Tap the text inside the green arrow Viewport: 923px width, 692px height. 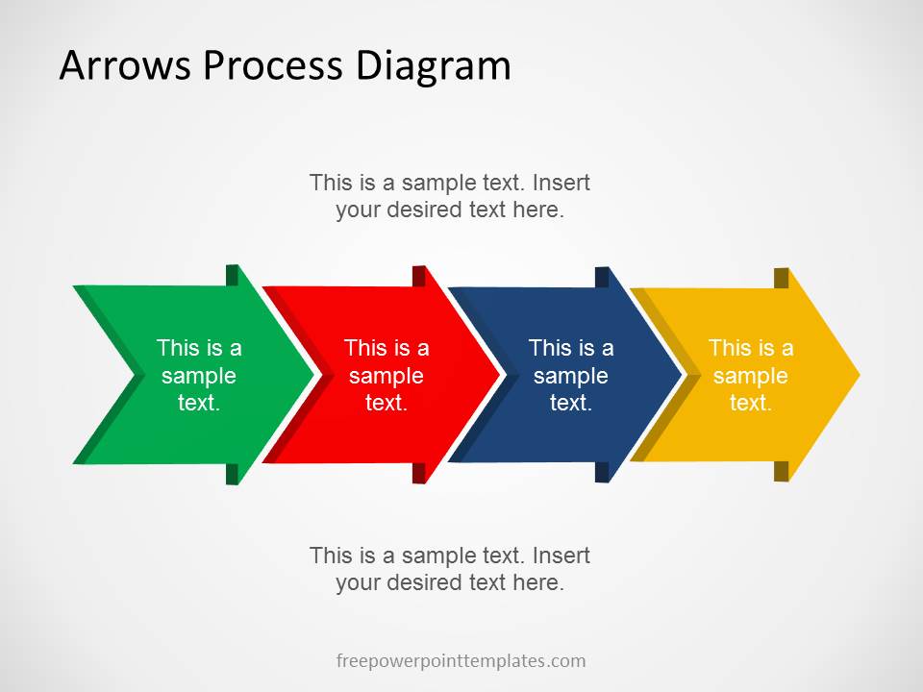199,376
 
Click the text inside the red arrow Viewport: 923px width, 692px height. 387,376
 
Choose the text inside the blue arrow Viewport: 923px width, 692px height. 571,376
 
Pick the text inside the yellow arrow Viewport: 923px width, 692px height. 751,376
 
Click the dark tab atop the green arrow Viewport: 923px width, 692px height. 232,275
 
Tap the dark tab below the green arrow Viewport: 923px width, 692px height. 232,474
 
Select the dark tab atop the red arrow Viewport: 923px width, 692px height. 419,276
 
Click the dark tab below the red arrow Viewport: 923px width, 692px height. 419,473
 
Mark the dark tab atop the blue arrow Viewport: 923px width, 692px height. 602,277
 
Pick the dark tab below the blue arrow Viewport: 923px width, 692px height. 602,472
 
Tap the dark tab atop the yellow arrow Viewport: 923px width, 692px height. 782,278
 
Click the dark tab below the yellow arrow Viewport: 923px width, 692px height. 782,471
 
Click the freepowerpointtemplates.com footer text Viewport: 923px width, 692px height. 461,661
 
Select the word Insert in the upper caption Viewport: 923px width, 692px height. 561,183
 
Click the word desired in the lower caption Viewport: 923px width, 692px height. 429,582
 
